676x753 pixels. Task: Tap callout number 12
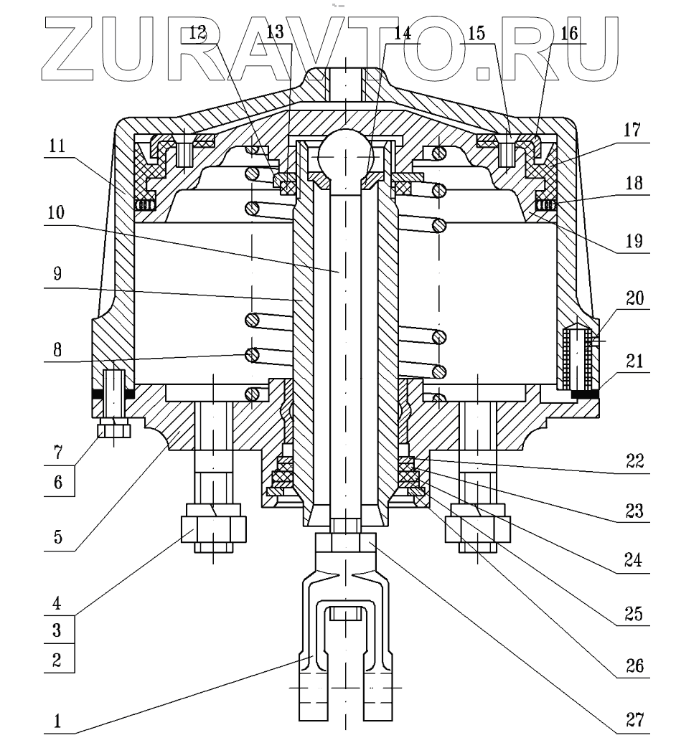(199, 34)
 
